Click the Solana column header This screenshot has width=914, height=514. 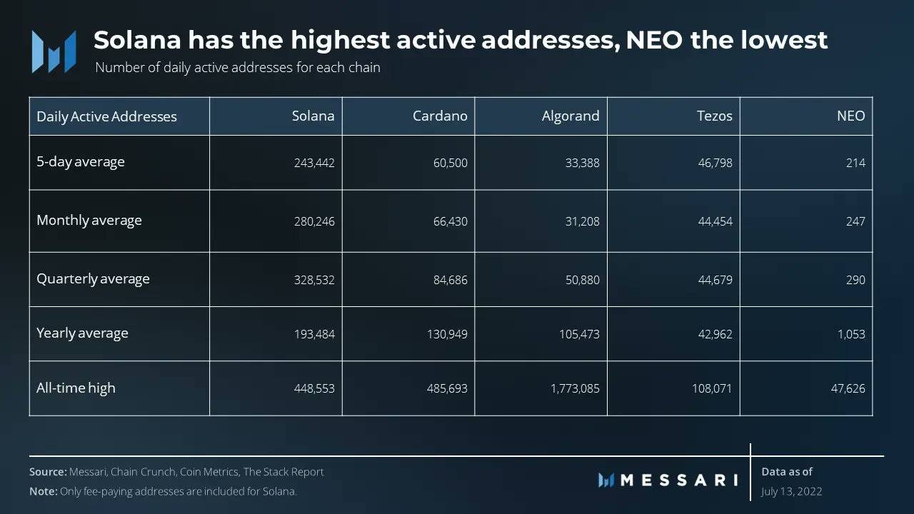click(x=313, y=116)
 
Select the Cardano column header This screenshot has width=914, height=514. click(x=440, y=116)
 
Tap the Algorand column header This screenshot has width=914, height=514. click(x=571, y=116)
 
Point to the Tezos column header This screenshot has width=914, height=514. click(x=714, y=116)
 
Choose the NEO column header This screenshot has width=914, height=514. click(x=850, y=116)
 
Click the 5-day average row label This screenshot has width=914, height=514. click(x=81, y=162)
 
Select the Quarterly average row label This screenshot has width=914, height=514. click(x=93, y=279)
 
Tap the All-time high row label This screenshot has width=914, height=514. click(x=76, y=388)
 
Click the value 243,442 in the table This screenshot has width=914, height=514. click(x=314, y=163)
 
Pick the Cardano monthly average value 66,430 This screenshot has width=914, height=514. click(x=449, y=221)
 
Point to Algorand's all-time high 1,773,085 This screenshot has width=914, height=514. click(x=575, y=389)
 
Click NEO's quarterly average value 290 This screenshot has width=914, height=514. click(x=855, y=280)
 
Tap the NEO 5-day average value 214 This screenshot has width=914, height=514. click(x=855, y=163)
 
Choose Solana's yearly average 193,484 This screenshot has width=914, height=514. click(x=314, y=334)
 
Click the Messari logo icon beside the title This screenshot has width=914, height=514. click(x=54, y=51)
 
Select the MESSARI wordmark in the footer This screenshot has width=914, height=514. click(x=678, y=480)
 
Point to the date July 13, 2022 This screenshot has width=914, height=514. click(x=791, y=491)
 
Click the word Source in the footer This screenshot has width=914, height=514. click(x=48, y=472)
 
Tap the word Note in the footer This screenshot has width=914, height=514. click(x=44, y=491)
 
